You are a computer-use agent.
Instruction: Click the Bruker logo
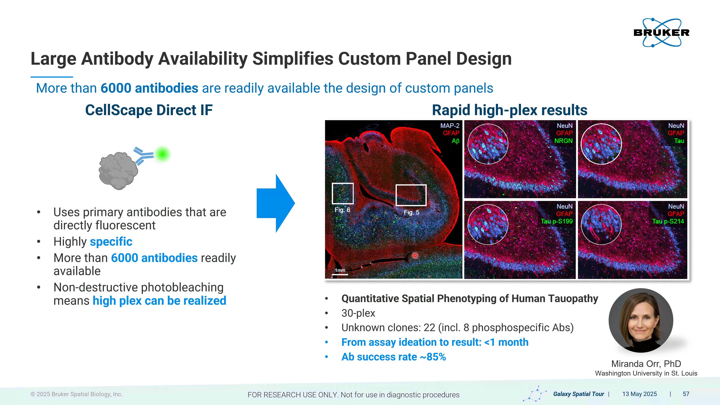pyautogui.click(x=661, y=32)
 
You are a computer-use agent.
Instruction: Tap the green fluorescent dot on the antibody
pyautogui.click(x=162, y=154)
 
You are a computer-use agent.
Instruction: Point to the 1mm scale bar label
pyautogui.click(x=340, y=270)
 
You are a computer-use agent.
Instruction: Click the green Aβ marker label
pyautogui.click(x=455, y=141)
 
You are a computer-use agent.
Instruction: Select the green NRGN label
pyautogui.click(x=563, y=141)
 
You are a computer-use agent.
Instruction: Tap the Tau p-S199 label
pyautogui.click(x=557, y=221)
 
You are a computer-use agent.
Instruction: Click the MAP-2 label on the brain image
pyautogui.click(x=450, y=126)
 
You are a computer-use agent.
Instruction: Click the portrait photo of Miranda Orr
pyautogui.click(x=641, y=320)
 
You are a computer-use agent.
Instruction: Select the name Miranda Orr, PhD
pyautogui.click(x=646, y=364)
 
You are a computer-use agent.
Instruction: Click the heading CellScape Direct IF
pyautogui.click(x=149, y=110)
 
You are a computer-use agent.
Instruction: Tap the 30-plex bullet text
pyautogui.click(x=358, y=313)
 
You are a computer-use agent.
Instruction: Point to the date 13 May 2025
pyautogui.click(x=640, y=394)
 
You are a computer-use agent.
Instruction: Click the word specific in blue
pyautogui.click(x=111, y=241)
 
